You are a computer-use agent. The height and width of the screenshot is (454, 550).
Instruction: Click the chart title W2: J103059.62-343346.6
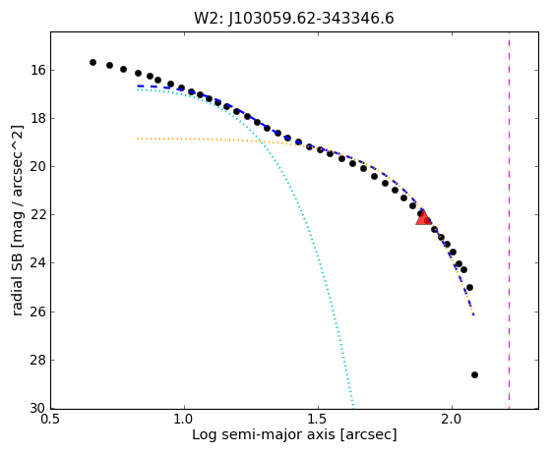294,18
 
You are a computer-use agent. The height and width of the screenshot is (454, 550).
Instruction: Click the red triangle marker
423,217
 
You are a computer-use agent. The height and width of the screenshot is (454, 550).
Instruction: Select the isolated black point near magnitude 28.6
474,374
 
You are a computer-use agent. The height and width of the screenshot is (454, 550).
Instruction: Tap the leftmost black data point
92,62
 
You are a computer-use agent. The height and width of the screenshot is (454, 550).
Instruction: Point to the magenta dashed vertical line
509,220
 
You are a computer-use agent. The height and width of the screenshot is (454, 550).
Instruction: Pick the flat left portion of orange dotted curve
198,140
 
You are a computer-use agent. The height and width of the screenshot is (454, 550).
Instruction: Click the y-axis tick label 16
38,70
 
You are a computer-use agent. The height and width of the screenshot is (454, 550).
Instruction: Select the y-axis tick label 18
38,118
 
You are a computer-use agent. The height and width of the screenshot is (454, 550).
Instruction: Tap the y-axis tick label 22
38,215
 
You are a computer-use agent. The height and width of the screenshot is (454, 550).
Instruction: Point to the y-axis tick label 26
38,312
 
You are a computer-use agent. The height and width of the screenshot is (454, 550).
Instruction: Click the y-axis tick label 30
38,408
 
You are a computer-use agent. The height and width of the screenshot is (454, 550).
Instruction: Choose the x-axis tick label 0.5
51,419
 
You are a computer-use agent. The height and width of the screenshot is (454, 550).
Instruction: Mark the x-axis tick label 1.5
318,419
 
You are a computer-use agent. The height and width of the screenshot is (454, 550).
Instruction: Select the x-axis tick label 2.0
452,419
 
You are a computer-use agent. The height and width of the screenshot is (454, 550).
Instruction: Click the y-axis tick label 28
38,360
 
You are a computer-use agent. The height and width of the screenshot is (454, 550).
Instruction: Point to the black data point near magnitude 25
469,288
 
